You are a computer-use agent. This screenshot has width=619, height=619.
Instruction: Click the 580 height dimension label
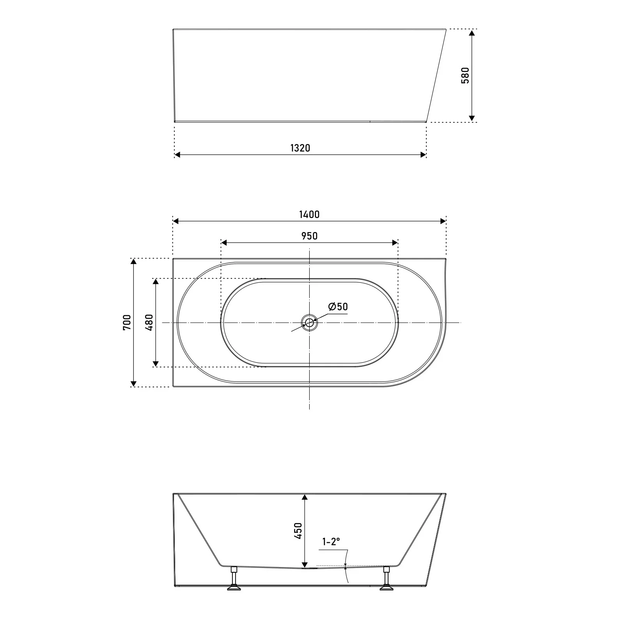465,76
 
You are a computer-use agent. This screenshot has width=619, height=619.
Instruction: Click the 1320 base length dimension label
300,148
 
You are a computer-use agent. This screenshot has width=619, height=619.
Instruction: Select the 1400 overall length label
309,215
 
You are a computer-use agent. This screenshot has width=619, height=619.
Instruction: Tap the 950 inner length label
309,236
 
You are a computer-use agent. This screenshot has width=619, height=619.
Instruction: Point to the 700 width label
127,323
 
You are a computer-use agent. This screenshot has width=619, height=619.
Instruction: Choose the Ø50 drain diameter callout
338,307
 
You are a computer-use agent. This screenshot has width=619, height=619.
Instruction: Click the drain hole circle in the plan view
309,323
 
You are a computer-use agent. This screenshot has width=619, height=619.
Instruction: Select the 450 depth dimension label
298,531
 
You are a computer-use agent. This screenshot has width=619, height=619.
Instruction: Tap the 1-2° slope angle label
331,542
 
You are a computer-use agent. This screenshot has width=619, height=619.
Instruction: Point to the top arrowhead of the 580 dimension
472,33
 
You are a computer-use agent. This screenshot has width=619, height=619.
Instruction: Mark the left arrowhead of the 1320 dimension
177,155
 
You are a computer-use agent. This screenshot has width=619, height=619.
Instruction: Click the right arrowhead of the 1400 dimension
443,221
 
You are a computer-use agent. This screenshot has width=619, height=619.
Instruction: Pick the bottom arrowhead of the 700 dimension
134,383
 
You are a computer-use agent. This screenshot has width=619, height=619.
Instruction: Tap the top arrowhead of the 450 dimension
305,497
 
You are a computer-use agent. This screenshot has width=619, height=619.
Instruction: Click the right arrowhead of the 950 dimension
395,243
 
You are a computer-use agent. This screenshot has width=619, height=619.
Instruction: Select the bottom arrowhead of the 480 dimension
156,364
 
